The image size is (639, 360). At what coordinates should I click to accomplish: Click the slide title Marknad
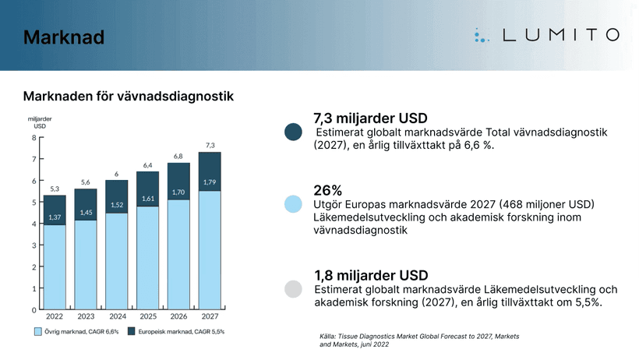(64, 37)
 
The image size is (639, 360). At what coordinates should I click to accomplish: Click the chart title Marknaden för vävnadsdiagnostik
(129, 96)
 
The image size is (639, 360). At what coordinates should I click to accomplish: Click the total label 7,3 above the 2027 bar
(210, 146)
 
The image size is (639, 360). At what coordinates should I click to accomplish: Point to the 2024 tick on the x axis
(118, 317)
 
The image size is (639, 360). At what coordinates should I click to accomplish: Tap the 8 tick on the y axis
(34, 138)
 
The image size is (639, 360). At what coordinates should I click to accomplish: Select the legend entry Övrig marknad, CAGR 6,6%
(74, 332)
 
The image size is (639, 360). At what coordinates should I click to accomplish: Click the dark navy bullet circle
(294, 132)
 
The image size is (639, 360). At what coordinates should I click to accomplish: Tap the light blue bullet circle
(294, 204)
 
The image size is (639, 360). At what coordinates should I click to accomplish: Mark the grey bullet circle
(294, 289)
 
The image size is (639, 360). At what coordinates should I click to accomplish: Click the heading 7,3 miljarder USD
(370, 118)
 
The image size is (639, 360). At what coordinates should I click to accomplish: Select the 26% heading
(328, 190)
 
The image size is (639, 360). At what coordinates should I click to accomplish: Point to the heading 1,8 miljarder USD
(371, 276)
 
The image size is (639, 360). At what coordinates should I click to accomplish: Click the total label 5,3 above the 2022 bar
(55, 189)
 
